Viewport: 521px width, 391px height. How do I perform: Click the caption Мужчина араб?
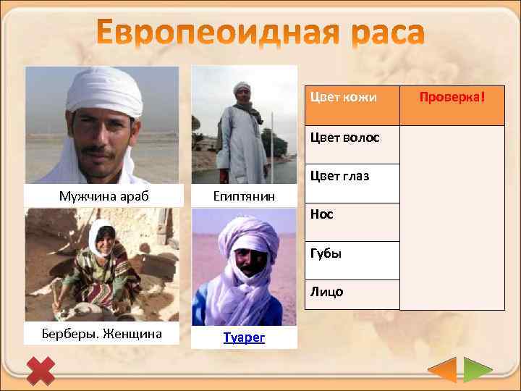pyautogui.click(x=101, y=195)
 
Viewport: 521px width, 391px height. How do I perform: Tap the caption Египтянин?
pyautogui.click(x=245, y=196)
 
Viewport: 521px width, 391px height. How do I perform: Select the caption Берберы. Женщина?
pyautogui.click(x=101, y=333)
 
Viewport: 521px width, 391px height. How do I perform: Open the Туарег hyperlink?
pyautogui.click(x=245, y=337)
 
